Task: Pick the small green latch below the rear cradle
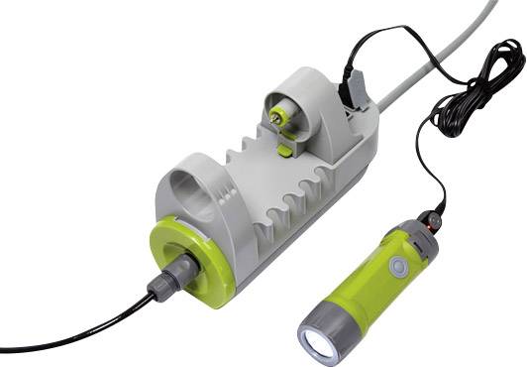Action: click(285, 150)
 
